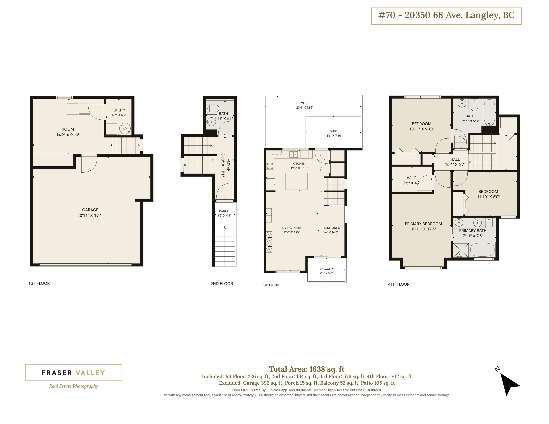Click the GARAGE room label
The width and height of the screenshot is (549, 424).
(x=90, y=210)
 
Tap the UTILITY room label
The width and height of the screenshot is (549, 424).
(x=119, y=110)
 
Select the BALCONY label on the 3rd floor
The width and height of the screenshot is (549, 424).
(x=326, y=269)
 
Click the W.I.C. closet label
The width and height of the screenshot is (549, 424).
(x=412, y=178)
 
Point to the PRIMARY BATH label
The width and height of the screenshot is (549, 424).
(x=473, y=231)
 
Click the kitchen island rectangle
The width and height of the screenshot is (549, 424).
(x=296, y=181)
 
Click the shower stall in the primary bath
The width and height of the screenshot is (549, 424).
(x=461, y=250)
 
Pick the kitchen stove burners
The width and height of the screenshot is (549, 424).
(x=270, y=166)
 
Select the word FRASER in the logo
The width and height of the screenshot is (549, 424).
(x=57, y=373)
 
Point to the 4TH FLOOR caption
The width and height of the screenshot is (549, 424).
(x=399, y=284)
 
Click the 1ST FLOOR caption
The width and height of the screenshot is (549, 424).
(x=39, y=283)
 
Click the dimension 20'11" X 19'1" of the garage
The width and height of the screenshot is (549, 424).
(x=90, y=215)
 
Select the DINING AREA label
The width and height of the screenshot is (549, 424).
(x=331, y=228)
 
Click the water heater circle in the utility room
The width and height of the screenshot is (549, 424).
(x=125, y=129)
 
